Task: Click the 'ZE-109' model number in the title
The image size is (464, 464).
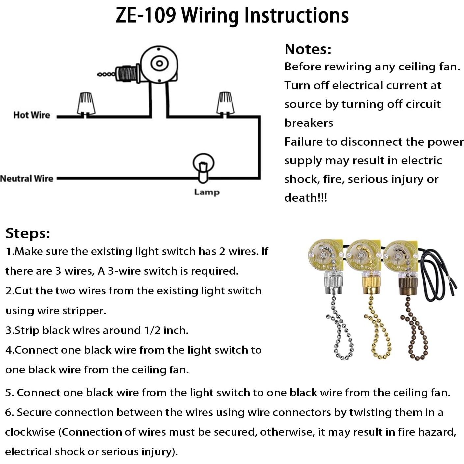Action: [146, 15]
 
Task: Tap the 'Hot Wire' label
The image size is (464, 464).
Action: [32, 115]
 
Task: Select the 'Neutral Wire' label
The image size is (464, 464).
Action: [27, 178]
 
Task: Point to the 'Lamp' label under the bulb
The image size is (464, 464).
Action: [206, 192]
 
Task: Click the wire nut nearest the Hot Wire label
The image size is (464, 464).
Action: [86, 103]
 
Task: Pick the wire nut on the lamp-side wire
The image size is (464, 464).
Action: [226, 103]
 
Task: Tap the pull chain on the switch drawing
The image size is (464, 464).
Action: [106, 74]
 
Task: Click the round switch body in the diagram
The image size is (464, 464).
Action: [159, 64]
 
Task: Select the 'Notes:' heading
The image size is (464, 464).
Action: [308, 49]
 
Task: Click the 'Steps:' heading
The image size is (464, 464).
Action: [28, 233]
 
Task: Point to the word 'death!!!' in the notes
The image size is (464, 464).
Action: [305, 198]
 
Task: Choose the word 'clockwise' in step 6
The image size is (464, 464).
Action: [30, 432]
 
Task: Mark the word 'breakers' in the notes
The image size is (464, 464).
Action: [309, 123]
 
